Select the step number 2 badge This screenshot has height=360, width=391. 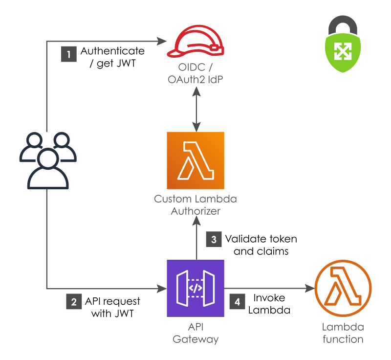pos(74,302)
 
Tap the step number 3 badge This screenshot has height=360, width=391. pos(214,240)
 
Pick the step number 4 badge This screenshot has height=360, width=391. pos(238,302)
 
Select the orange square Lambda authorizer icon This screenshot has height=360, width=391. pos(195,160)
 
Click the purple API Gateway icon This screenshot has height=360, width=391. pos(195,289)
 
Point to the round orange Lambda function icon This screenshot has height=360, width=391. pos(342,289)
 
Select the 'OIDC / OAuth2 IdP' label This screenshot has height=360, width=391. pos(195,73)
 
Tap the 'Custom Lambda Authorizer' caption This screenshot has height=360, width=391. pos(195,205)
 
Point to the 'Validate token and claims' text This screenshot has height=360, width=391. pos(261,245)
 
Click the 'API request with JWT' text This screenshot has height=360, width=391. pos(112,307)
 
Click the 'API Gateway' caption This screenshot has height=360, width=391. pos(195,333)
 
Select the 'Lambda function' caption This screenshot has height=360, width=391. pos(342,333)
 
